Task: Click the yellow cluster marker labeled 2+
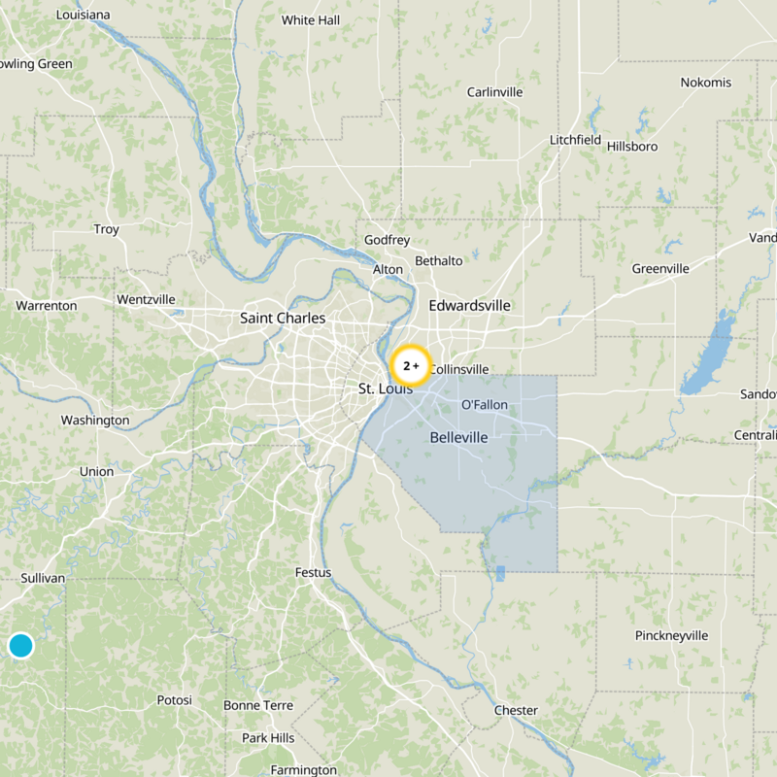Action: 410,366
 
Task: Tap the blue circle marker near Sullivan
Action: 20,645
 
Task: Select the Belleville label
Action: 458,438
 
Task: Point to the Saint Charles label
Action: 283,318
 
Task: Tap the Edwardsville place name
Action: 469,305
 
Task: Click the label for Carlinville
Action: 494,92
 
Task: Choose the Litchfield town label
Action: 575,140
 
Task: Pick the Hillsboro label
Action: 632,147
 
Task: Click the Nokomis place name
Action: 706,83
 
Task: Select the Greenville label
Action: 660,269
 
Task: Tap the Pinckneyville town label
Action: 672,636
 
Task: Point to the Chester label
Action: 516,711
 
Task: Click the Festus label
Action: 313,573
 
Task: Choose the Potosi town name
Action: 175,700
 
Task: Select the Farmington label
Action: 304,770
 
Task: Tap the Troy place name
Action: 106,230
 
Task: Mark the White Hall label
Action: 311,20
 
